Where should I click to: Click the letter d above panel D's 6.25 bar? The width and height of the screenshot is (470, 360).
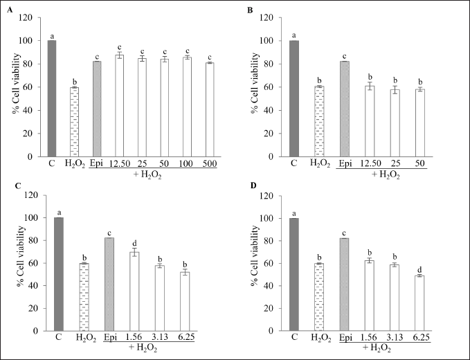click(x=419, y=269)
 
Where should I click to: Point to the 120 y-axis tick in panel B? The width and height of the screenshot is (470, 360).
click(x=263, y=17)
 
